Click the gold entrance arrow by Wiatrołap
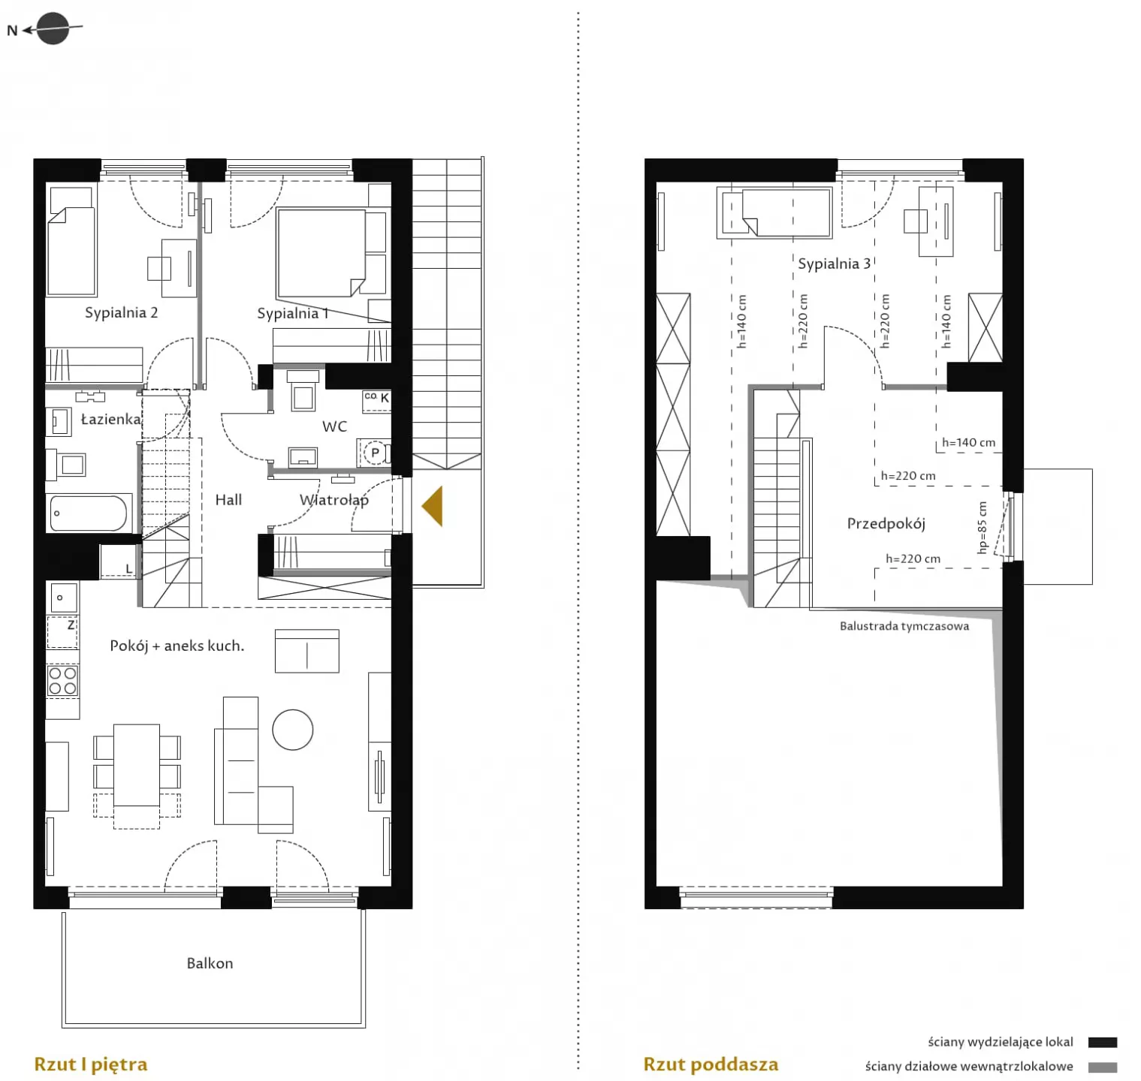[433, 506]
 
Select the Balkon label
[210, 963]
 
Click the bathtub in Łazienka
[89, 513]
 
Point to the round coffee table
[292, 730]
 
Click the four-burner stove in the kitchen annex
[62, 681]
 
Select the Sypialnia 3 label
[834, 263]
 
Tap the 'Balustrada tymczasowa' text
[904, 626]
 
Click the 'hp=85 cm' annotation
[983, 528]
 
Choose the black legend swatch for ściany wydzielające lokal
[1103, 1042]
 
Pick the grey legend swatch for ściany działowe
[1103, 1067]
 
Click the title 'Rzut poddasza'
[711, 1064]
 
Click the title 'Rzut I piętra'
[91, 1064]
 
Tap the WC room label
[334, 426]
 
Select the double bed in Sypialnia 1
[321, 253]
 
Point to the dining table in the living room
[137, 765]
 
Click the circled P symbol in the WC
[375, 453]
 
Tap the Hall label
[228, 500]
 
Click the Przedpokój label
[886, 524]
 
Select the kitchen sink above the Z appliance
[63, 598]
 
